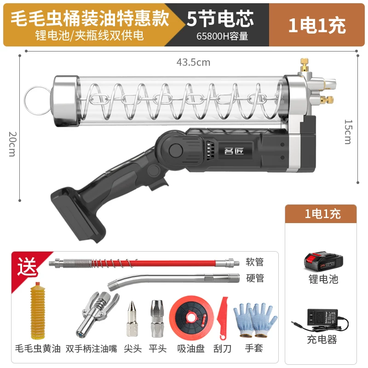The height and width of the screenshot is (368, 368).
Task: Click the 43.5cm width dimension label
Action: click(193, 63)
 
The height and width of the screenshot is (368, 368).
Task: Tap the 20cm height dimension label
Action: click(12, 144)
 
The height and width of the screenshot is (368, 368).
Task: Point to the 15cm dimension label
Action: click(348, 132)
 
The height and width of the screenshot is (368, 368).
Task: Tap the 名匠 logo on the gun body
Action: click(234, 151)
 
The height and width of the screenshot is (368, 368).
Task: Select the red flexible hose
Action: click(144, 263)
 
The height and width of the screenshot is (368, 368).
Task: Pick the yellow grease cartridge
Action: click(38, 311)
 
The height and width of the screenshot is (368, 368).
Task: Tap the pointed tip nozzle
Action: click(132, 318)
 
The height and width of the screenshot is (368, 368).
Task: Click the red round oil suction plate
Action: click(191, 318)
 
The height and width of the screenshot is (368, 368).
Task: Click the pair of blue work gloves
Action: click(255, 320)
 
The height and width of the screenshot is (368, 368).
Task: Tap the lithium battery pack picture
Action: click(323, 262)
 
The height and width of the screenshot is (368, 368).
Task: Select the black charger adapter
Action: click(322, 319)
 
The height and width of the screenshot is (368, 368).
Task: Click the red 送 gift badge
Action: click(27, 266)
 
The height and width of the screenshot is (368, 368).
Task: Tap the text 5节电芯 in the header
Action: click(220, 19)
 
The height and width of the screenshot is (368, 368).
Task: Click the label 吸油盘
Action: click(191, 349)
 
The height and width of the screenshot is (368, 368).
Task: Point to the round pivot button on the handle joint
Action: click(176, 150)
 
